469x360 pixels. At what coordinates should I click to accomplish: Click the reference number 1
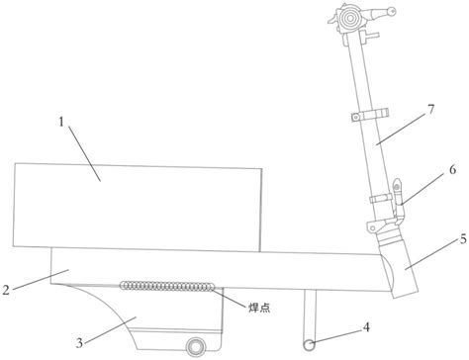(x=61, y=122)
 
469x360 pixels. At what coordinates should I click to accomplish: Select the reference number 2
(x=6, y=290)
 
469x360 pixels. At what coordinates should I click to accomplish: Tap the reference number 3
(x=79, y=343)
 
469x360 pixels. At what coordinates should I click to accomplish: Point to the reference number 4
(x=366, y=327)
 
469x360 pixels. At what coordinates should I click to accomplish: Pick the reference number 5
(x=463, y=239)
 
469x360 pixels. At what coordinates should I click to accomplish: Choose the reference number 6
(x=452, y=170)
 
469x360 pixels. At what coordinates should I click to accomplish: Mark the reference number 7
(x=431, y=109)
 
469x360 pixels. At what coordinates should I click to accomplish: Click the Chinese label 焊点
(x=259, y=308)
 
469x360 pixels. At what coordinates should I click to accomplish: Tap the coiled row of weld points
(x=168, y=286)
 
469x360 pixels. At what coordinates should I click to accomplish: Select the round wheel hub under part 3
(x=196, y=347)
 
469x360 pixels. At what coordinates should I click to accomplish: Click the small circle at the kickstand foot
(x=309, y=345)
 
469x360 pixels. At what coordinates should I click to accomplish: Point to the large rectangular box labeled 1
(x=138, y=208)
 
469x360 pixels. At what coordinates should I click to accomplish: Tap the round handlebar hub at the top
(x=349, y=19)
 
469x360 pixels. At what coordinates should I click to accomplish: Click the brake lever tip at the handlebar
(x=392, y=11)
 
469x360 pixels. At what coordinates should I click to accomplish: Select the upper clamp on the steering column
(x=370, y=116)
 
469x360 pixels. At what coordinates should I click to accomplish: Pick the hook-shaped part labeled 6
(x=398, y=202)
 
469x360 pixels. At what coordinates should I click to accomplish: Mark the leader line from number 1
(x=84, y=154)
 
